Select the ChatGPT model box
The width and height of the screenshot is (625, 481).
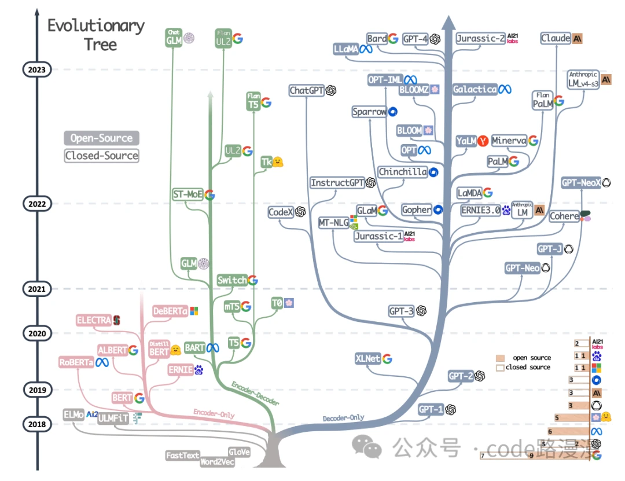[306, 90]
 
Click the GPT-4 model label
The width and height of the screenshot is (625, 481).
[415, 39]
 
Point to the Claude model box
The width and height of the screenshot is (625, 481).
[556, 38]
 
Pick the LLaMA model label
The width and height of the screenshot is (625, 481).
[345, 50]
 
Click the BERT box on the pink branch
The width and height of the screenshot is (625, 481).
[122, 398]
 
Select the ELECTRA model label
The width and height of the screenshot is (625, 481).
[94, 320]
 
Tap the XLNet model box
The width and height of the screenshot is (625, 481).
[368, 359]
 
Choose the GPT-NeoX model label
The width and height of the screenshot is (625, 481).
[581, 183]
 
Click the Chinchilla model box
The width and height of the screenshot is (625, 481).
[402, 172]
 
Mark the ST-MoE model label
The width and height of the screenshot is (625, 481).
[187, 194]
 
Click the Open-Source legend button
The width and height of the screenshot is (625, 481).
[102, 138]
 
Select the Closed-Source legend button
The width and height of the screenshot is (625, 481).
[102, 155]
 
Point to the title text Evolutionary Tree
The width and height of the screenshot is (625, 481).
[96, 35]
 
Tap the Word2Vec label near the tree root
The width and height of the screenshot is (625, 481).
[218, 462]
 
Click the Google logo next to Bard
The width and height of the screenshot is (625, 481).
[393, 39]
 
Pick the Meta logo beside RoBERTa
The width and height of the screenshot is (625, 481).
[102, 362]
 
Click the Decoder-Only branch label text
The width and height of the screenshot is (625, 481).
[343, 417]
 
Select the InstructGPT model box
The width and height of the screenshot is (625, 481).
[337, 183]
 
